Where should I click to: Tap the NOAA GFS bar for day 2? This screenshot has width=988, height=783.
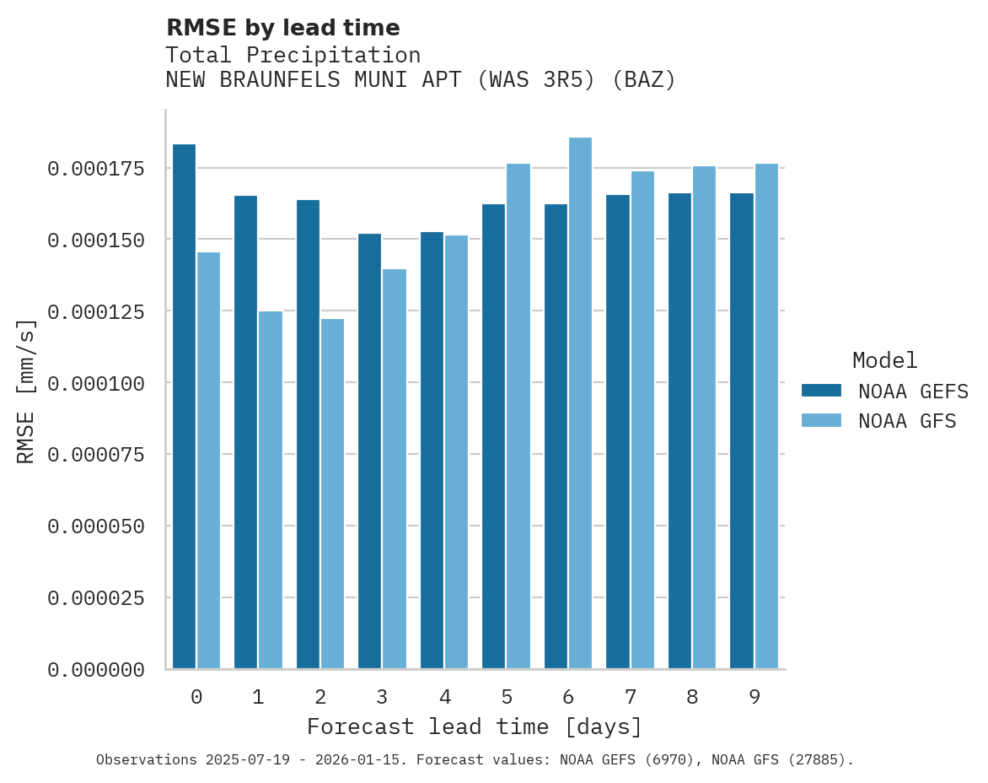click(x=332, y=494)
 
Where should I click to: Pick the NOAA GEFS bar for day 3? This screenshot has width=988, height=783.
click(x=369, y=451)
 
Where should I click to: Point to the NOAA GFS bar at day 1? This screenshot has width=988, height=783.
click(x=271, y=490)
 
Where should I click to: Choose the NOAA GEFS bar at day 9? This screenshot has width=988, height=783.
click(x=742, y=431)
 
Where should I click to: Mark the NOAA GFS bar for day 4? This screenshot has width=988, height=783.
click(x=456, y=452)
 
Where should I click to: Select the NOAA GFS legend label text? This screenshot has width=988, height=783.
click(x=907, y=421)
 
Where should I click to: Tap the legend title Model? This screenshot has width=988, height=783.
click(x=884, y=361)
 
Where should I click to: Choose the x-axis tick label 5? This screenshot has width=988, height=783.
click(x=506, y=697)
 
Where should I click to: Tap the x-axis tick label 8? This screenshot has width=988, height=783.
click(x=692, y=697)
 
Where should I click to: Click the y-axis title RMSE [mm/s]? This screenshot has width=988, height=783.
click(x=26, y=391)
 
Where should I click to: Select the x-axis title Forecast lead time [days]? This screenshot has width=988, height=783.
click(x=475, y=726)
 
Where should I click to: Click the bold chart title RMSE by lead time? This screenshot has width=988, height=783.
click(x=282, y=28)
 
